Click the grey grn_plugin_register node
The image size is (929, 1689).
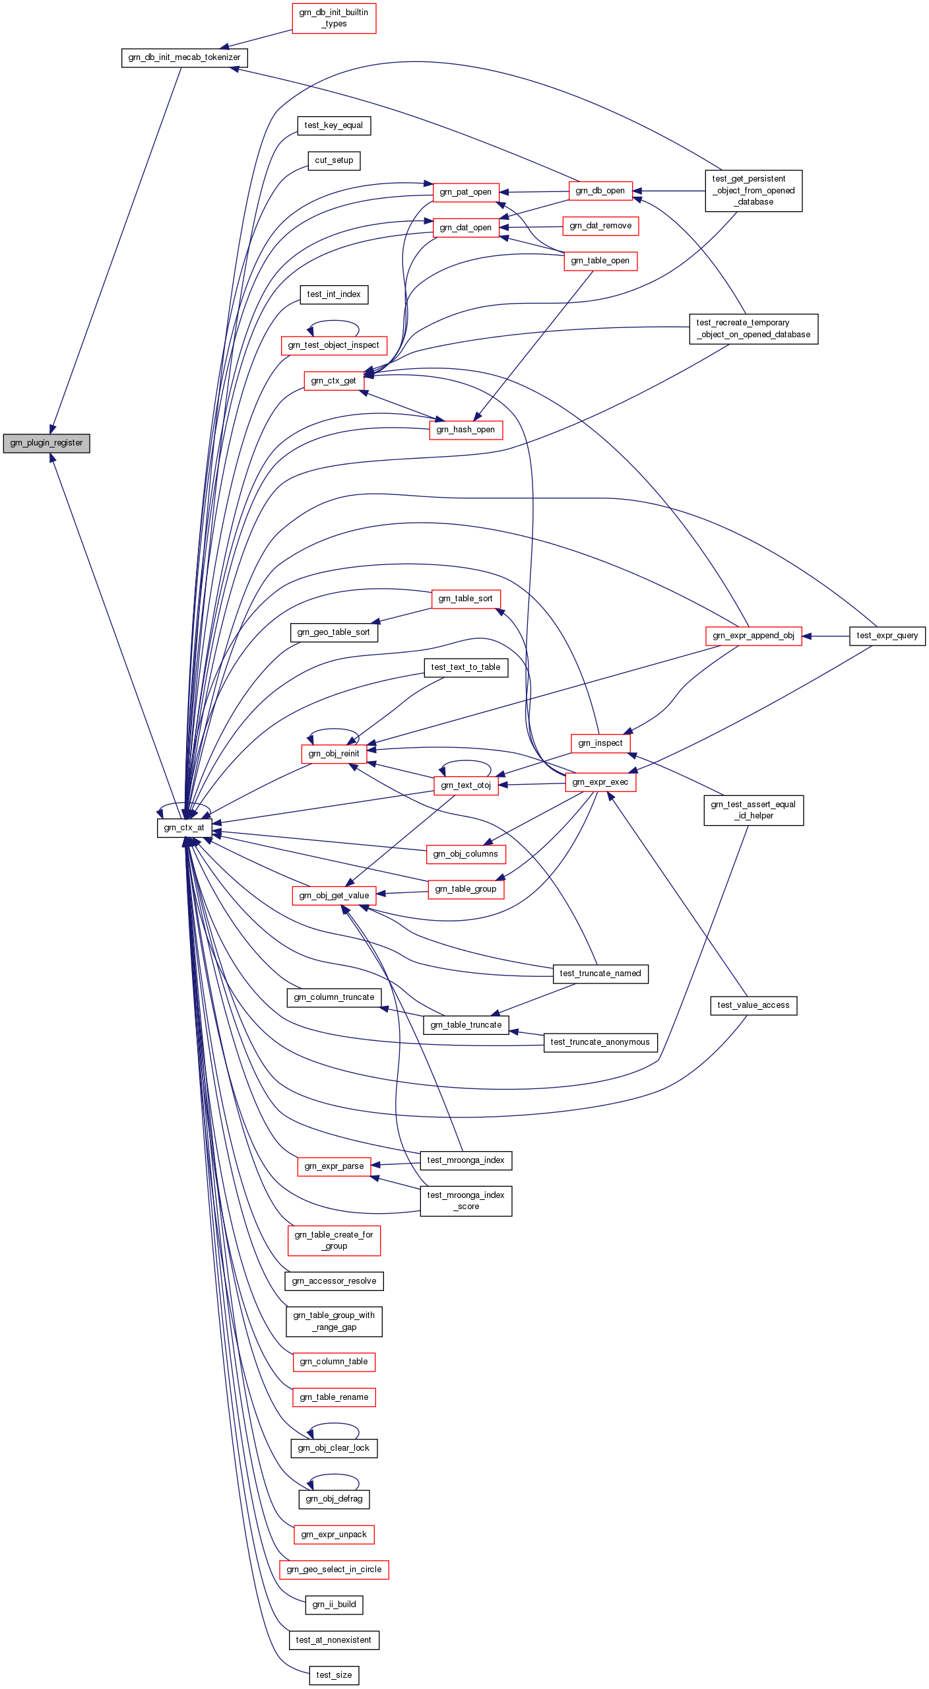pos(46,443)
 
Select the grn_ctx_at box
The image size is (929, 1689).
pos(184,828)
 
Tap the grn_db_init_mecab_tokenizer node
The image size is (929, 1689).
pos(184,57)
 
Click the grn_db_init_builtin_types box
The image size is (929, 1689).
pos(334,18)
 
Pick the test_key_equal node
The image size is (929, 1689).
pos(334,125)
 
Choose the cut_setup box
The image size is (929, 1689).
pos(334,160)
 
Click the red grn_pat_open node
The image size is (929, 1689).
pos(465,192)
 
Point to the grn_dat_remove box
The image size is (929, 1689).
pos(600,226)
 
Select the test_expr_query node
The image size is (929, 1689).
pos(887,636)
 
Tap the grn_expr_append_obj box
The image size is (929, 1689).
pos(753,636)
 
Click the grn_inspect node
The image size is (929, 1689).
pos(600,743)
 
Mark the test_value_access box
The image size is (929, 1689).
pos(753,1005)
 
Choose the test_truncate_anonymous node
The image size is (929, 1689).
pos(600,1042)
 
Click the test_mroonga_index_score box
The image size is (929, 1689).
pos(466,1201)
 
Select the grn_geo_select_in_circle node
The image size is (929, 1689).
pos(334,1570)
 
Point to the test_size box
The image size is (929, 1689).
pos(334,1675)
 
